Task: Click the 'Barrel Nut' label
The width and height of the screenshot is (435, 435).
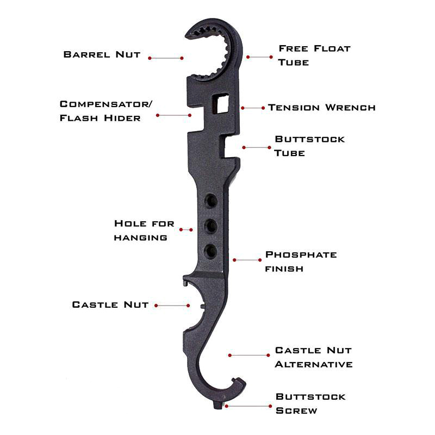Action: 102,54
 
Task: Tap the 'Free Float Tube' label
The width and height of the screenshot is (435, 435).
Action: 314,55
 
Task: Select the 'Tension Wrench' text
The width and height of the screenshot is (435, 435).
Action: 322,107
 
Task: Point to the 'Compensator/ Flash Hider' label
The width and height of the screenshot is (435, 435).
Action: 106,111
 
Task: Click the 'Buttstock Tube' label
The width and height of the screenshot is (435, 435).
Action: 309,146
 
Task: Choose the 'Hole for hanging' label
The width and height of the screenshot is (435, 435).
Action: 144,231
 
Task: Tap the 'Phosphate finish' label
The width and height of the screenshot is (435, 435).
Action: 301,262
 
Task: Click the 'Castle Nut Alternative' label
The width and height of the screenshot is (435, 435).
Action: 314,357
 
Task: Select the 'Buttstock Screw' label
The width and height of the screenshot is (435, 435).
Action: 310,403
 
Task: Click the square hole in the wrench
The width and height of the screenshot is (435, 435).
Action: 221,104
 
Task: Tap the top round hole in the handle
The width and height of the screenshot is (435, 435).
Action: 210,200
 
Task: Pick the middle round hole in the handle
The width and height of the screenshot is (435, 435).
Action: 210,226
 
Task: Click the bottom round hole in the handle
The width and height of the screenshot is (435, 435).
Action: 210,251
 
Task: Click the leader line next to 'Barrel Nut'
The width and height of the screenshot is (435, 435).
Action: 166,58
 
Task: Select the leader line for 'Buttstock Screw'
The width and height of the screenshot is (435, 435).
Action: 248,406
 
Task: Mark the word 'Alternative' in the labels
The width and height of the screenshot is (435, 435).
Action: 314,364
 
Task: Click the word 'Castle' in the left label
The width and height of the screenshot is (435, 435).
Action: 95,304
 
